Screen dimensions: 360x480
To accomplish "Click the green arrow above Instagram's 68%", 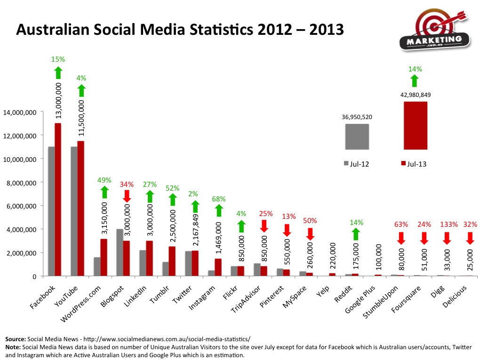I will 218,210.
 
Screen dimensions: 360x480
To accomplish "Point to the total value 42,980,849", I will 416,95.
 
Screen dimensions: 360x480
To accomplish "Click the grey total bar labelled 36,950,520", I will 357,136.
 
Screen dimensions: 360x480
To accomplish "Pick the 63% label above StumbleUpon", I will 400,224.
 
